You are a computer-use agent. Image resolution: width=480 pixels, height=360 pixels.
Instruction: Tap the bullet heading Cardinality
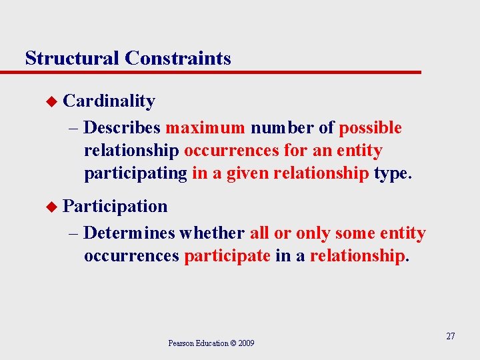pos(109,101)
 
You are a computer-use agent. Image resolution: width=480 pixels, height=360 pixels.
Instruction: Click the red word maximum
pos(205,128)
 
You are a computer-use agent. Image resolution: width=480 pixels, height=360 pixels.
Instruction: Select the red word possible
pos(371,128)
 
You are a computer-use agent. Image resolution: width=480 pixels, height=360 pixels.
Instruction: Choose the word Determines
pos(129,233)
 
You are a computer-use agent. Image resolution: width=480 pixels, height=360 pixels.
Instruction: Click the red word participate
pos(227,257)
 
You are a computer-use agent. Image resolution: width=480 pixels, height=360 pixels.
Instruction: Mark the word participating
pos(135,174)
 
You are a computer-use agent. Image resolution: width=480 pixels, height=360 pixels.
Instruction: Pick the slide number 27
pos(450,336)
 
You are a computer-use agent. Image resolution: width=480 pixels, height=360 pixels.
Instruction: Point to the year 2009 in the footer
pos(246,343)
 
